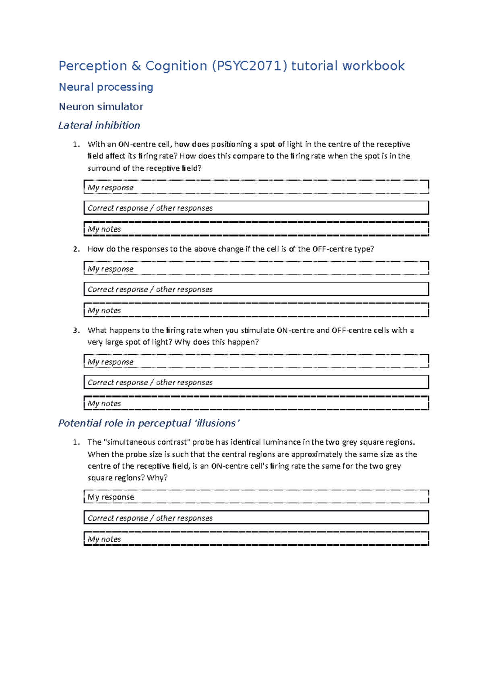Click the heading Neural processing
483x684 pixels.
(106, 87)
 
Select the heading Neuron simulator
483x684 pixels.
(101, 107)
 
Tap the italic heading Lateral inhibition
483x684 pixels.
(99, 125)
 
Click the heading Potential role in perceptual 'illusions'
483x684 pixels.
(149, 423)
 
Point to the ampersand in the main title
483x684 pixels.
(136, 66)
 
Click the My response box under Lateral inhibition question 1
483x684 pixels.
(256, 187)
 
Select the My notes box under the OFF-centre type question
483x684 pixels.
(256, 310)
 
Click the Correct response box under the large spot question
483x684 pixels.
(256, 382)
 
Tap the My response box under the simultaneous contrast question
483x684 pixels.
(256, 497)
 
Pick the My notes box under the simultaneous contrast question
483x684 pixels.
(256, 539)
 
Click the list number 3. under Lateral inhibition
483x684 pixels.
(76, 331)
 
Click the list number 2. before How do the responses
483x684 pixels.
(76, 249)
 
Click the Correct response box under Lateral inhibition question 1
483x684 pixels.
(256, 208)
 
